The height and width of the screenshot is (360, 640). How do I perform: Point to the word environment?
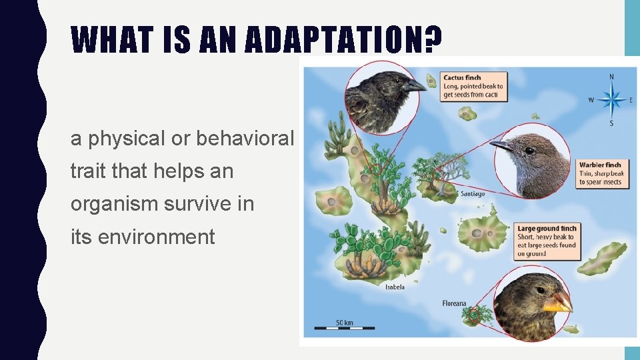click(x=156, y=237)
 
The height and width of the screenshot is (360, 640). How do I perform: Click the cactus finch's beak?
click(x=415, y=85)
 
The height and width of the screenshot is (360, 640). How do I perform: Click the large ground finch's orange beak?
click(x=559, y=303)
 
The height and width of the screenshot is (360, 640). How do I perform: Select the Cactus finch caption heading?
click(x=462, y=78)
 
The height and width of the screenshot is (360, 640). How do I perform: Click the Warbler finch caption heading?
click(x=599, y=165)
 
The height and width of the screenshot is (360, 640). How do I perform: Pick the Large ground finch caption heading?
click(x=547, y=229)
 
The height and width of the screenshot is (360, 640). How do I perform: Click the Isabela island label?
click(x=395, y=287)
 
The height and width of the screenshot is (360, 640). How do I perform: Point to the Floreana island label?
click(x=454, y=304)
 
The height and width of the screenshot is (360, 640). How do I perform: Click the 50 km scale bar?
click(x=345, y=327)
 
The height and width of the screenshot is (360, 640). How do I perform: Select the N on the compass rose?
click(x=611, y=77)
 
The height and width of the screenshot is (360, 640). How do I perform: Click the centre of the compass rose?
click(x=611, y=101)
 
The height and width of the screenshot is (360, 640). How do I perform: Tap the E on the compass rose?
click(x=631, y=101)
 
